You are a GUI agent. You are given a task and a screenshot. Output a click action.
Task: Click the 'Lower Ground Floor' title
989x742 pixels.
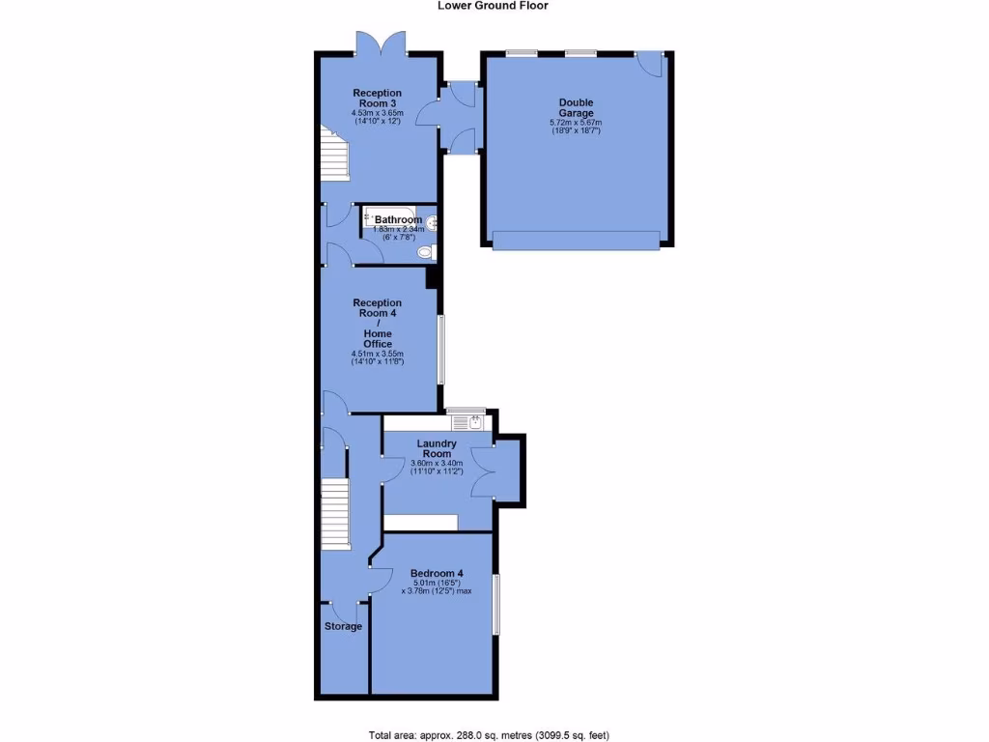[494, 6]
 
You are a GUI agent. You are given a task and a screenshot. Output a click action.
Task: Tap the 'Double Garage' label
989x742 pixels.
[576, 107]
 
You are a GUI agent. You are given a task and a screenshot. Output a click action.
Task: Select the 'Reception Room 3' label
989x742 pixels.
[377, 99]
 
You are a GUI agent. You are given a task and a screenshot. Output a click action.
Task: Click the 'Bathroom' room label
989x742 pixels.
[398, 219]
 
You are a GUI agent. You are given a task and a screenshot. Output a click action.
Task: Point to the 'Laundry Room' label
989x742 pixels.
[437, 448]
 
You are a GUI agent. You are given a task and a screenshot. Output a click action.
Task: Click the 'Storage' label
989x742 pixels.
[343, 626]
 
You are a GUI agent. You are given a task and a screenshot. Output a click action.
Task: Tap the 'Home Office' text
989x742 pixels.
[378, 339]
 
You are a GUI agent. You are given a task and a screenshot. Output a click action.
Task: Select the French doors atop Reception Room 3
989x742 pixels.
[379, 43]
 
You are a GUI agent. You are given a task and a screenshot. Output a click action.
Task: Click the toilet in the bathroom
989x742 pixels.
[425, 253]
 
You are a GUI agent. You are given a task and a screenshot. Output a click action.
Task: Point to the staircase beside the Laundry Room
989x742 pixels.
[334, 514]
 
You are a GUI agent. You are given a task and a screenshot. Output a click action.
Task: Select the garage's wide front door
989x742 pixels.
[576, 240]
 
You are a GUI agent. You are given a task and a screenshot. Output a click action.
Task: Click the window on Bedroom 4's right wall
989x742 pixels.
[496, 605]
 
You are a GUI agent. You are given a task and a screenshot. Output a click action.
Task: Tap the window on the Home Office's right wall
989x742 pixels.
[441, 349]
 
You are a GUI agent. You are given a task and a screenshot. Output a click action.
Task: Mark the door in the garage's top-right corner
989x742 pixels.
[652, 64]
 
